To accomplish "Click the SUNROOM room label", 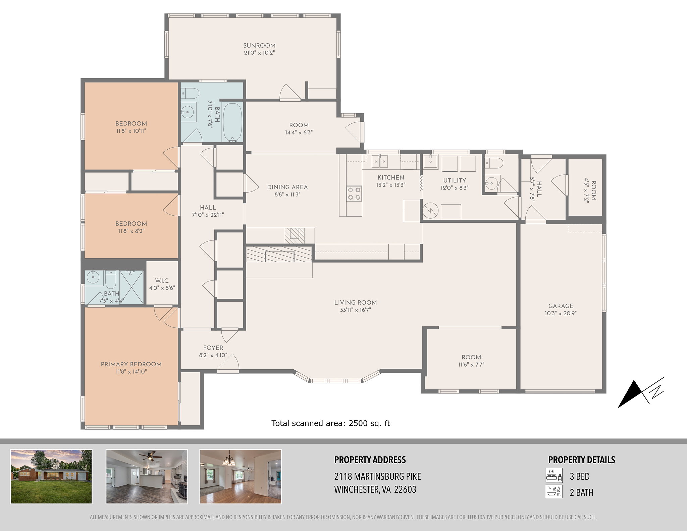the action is (259, 46).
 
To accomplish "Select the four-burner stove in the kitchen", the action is (354, 194).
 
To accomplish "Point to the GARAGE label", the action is (561, 306).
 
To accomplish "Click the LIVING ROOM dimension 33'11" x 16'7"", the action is (356, 310).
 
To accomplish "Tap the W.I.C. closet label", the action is (162, 281).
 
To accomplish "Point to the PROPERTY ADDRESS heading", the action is (370, 460).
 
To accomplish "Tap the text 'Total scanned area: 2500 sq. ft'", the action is (331, 423).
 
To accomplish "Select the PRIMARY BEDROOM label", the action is (131, 364).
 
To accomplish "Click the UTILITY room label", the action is (455, 180).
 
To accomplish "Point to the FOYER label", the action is (213, 348).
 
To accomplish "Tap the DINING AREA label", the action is (287, 187).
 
